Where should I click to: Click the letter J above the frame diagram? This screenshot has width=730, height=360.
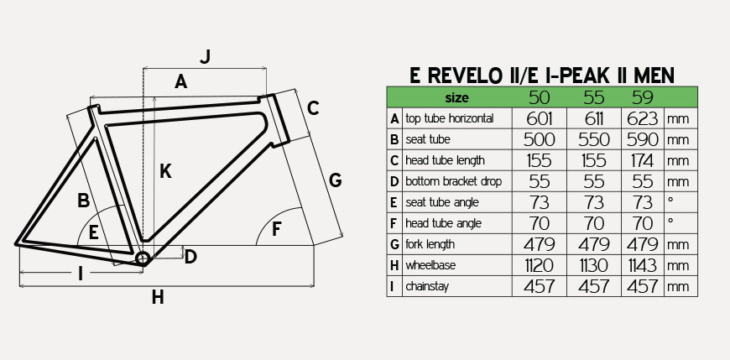206,57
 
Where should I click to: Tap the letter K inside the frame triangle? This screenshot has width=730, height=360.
165,171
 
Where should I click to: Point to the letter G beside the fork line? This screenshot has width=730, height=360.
335,180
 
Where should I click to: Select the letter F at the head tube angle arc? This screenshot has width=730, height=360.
277,229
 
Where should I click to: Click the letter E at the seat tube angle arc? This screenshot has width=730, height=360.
94,232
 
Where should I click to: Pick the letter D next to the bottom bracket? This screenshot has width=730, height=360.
190,257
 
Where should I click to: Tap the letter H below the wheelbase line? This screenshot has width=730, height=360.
158,297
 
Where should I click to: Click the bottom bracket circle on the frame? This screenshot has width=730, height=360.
142,258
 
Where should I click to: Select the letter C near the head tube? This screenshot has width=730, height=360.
313,108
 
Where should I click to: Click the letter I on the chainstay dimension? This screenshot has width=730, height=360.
81,274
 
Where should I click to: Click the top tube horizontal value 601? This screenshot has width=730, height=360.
540,119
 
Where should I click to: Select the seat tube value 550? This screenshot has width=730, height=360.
594,139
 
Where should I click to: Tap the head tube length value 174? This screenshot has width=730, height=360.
643,160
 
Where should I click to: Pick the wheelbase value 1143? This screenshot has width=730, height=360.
643,265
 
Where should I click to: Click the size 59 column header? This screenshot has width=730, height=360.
643,97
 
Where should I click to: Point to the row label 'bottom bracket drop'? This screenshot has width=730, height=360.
453,181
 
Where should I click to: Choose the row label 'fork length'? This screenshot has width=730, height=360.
430,244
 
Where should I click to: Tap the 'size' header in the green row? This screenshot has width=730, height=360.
456,98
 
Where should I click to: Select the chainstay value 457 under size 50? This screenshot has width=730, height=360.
540,286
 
